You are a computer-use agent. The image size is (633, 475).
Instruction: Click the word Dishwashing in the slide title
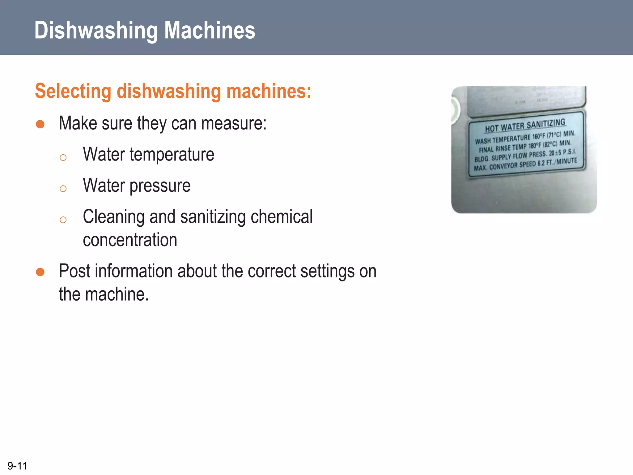tap(96, 30)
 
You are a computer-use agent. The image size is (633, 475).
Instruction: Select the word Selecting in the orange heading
tap(73, 91)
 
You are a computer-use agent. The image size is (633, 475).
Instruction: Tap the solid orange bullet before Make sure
tap(40, 124)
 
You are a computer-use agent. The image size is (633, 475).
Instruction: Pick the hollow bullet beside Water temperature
tap(63, 157)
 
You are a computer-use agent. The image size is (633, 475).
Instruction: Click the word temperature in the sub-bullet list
tap(172, 154)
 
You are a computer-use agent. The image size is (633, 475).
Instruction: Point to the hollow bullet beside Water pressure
tap(63, 188)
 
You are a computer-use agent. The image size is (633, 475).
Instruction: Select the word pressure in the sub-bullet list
tap(160, 186)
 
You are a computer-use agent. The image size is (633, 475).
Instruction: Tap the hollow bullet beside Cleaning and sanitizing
tap(63, 220)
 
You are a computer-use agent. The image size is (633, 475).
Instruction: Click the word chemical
tap(282, 216)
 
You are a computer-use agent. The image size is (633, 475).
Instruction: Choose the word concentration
tap(130, 240)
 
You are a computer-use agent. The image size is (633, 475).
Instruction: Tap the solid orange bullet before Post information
tap(40, 272)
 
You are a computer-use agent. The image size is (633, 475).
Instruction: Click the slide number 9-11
tap(17, 466)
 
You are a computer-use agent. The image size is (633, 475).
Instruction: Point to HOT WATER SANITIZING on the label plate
tap(525, 125)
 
